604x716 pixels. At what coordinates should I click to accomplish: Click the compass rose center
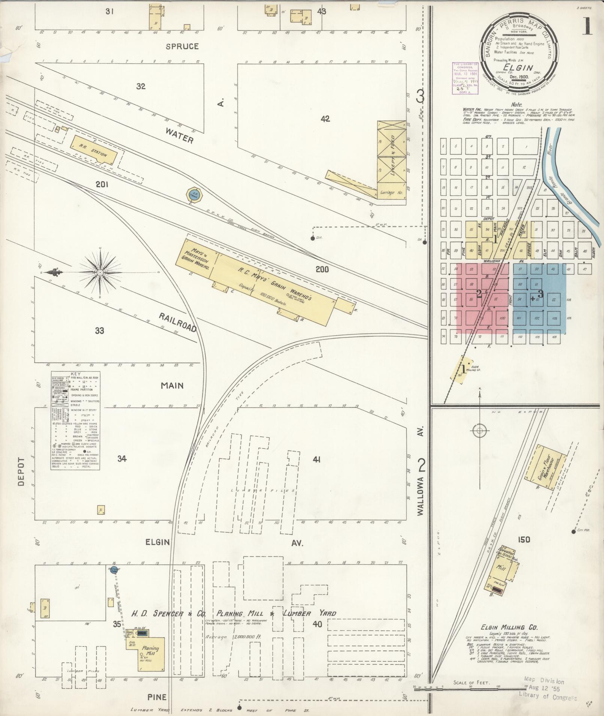coord(100,273)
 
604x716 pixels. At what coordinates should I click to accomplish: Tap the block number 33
coord(100,330)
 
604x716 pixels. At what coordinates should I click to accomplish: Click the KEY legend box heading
coord(75,374)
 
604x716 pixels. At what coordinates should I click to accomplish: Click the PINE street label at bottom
coord(157,697)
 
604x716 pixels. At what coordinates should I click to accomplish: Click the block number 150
coord(524,539)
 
